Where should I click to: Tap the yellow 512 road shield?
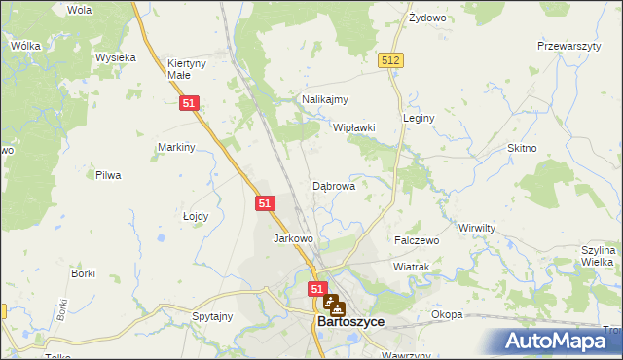pyautogui.click(x=391, y=60)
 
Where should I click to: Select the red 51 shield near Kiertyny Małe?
pyautogui.click(x=190, y=102)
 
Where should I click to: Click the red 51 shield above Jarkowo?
pyautogui.click(x=266, y=203)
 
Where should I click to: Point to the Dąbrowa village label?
pyautogui.click(x=333, y=185)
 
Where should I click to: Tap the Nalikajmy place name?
pyautogui.click(x=325, y=99)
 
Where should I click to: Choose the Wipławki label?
pyautogui.click(x=354, y=127)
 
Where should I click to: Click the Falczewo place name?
pyautogui.click(x=417, y=239)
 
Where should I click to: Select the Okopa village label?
pyautogui.click(x=447, y=315)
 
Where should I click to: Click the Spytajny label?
pyautogui.click(x=212, y=316)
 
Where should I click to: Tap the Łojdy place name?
pyautogui.click(x=196, y=216)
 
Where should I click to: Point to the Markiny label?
pyautogui.click(x=177, y=147)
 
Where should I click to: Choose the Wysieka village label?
pyautogui.click(x=115, y=57)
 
